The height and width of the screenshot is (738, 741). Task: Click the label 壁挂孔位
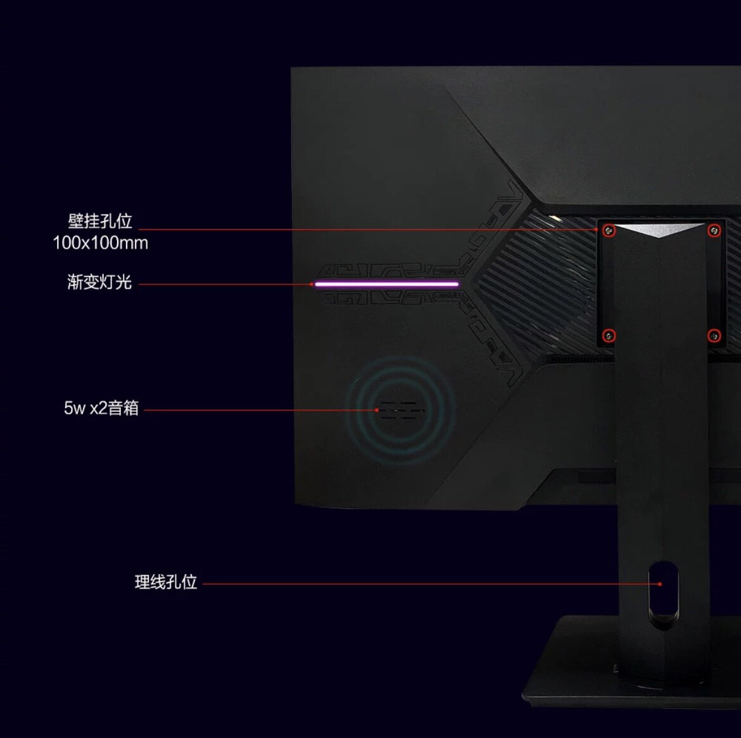tap(100, 221)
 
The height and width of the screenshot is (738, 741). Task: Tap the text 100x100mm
tap(100, 243)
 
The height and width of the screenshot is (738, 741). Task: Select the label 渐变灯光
tap(99, 282)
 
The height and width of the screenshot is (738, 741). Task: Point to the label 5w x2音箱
tap(101, 408)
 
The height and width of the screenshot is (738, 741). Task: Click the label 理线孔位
tap(166, 582)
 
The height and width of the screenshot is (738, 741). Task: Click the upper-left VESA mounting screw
tap(609, 230)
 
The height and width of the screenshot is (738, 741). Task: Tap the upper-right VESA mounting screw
tap(714, 230)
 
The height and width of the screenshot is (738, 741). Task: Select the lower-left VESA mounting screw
tap(609, 335)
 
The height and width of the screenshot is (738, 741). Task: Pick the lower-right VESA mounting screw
tap(714, 335)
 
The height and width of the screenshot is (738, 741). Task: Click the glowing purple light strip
tap(386, 284)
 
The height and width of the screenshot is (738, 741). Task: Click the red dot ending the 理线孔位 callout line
tap(660, 584)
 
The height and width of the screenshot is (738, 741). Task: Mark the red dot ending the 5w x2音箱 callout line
tap(377, 410)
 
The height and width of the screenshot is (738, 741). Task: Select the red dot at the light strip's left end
tap(312, 284)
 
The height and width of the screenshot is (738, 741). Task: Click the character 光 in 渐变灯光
tap(123, 282)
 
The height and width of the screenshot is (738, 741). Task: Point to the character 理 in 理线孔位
tap(142, 582)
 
